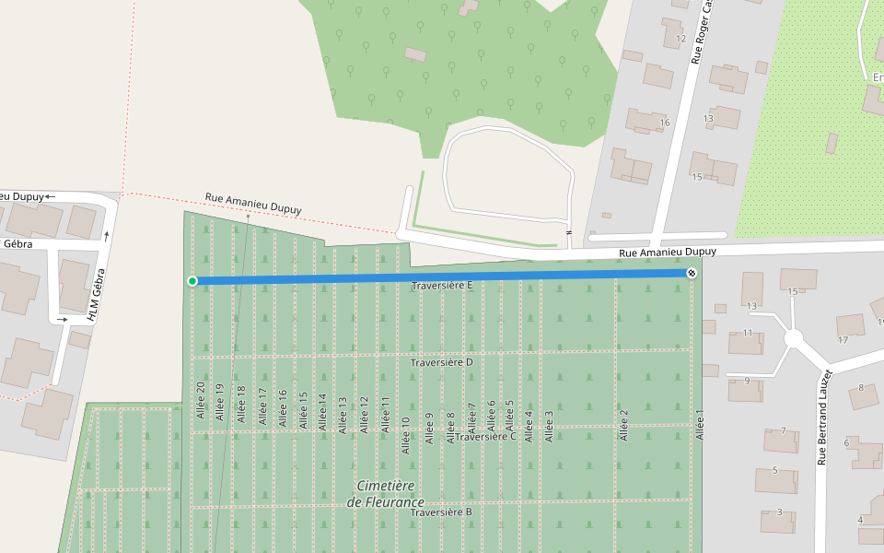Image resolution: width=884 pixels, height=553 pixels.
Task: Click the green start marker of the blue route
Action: click(192, 281)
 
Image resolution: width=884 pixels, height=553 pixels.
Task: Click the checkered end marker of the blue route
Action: click(692, 273)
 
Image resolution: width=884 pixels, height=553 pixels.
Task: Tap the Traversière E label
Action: click(442, 286)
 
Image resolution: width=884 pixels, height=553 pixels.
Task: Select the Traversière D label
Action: click(441, 362)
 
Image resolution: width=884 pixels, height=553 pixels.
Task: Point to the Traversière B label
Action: click(441, 512)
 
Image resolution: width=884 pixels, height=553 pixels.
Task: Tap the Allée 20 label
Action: click(200, 400)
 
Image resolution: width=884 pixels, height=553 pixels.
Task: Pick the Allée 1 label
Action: click(699, 424)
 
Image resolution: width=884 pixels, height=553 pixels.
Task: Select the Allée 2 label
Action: click(623, 425)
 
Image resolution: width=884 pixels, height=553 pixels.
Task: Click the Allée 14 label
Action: click(322, 412)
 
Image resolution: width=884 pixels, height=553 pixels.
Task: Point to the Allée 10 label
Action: click(405, 435)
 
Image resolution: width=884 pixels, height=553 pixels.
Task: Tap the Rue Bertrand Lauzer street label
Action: click(823, 417)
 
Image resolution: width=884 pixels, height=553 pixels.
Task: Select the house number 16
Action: click(664, 123)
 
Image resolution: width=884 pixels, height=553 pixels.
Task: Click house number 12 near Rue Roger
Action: click(680, 39)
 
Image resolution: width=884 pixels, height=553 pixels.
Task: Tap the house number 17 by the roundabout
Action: click(843, 340)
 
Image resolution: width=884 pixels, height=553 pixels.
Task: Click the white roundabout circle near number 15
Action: click(795, 339)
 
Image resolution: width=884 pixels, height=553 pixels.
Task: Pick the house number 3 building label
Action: click(780, 512)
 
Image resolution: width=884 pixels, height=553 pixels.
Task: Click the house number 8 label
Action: click(861, 388)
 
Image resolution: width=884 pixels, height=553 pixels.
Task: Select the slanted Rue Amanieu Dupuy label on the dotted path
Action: click(253, 203)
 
